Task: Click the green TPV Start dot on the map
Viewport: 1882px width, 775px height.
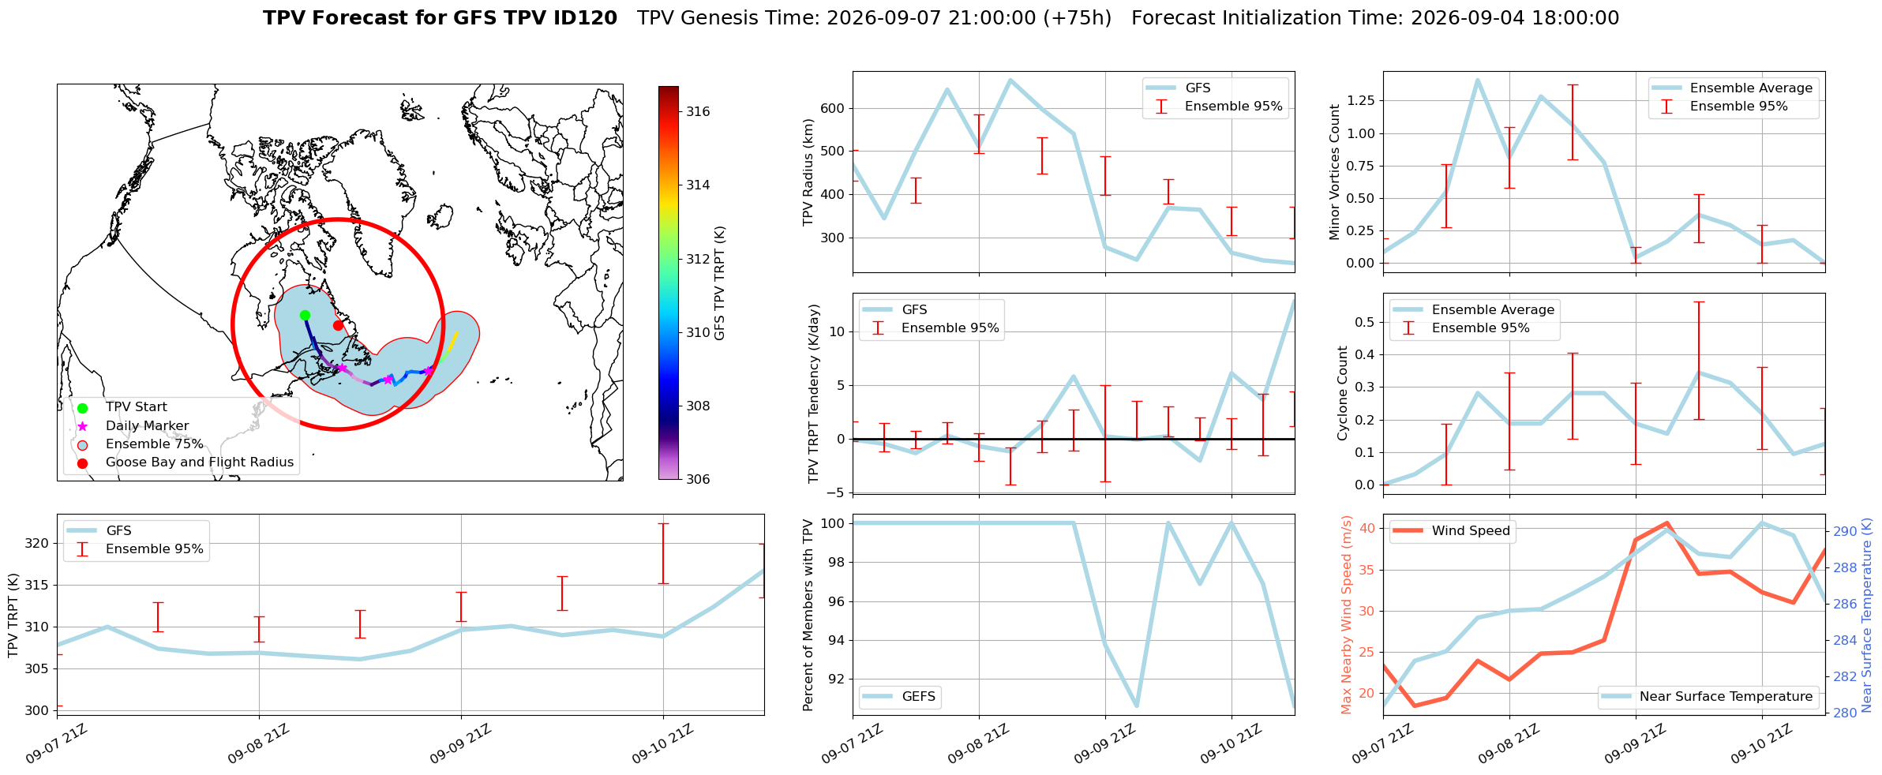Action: (305, 316)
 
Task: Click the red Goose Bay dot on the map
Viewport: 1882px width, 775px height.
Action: (338, 325)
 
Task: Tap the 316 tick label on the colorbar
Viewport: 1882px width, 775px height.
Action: (698, 112)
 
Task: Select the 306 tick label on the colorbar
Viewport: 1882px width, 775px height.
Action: (698, 480)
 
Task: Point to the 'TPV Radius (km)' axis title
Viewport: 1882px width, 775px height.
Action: (808, 172)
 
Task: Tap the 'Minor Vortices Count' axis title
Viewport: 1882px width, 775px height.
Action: (1335, 172)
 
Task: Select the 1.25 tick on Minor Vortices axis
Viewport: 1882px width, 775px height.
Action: (1360, 101)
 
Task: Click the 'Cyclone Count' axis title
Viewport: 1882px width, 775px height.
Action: (1343, 393)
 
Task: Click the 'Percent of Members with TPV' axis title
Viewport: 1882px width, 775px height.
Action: (808, 615)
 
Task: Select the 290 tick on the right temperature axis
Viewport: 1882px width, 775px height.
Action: (1845, 532)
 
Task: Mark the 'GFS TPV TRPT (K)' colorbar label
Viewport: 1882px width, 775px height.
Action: (719, 283)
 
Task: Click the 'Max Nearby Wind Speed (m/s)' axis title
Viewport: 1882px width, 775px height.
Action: (1347, 615)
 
